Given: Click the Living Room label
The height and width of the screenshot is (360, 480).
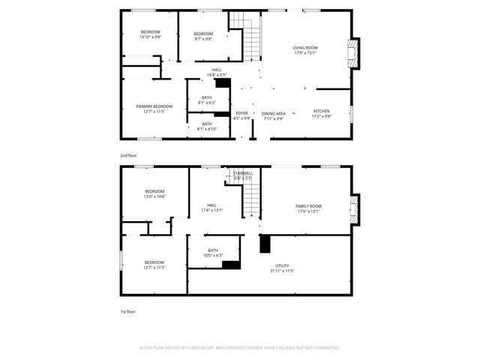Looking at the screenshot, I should click(304, 50).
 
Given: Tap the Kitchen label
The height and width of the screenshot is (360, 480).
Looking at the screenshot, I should click(321, 113).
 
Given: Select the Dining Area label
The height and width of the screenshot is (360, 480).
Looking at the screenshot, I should click(273, 115).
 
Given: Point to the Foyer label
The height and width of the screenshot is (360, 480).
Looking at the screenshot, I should click(241, 115).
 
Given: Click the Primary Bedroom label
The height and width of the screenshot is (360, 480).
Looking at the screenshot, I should click(154, 109).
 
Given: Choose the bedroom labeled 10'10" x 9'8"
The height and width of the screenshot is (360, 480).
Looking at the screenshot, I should click(150, 34).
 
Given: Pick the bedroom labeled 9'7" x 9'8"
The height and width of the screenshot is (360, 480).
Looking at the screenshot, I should click(203, 36).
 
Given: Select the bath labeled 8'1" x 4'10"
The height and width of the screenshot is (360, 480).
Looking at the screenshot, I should click(205, 126).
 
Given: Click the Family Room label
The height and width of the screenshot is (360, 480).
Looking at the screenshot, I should click(308, 208).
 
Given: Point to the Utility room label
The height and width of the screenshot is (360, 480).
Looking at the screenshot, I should click(282, 268).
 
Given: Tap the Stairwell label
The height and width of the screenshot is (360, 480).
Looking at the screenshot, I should click(242, 175).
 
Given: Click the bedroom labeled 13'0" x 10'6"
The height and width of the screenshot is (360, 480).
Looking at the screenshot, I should click(154, 193).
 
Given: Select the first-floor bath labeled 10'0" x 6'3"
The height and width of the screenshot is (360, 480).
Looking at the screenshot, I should click(213, 253).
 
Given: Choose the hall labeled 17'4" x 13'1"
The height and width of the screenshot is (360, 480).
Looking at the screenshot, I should click(211, 208).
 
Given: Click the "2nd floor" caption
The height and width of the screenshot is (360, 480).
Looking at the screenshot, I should click(129, 155).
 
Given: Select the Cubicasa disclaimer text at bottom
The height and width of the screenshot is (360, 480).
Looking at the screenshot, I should click(240, 347).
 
